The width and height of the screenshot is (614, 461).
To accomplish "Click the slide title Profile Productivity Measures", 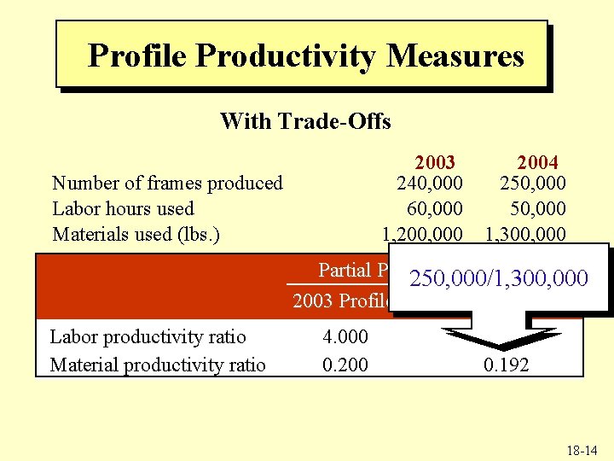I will point(305,56).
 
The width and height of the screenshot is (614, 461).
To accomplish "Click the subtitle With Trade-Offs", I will point(305,121).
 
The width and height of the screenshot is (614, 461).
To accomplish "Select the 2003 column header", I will point(435,162).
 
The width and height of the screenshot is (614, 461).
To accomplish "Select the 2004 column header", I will point(537,162).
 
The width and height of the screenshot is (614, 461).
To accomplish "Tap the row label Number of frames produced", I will point(167,183).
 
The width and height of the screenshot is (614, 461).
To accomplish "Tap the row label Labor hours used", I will point(123,208).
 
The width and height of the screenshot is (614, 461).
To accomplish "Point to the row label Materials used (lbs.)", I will point(136,234).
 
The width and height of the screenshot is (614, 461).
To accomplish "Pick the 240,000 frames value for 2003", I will point(431,183).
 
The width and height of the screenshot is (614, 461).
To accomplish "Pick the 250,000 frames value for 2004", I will point(533,183).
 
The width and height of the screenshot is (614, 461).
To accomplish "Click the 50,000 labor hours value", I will point(538,208).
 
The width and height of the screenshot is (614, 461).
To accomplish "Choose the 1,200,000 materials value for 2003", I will point(423,234).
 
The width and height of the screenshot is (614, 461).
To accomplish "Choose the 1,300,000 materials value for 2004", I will point(525,234).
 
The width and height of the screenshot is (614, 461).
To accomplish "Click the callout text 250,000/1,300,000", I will point(499,278).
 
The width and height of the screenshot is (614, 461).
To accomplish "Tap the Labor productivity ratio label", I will point(148,336).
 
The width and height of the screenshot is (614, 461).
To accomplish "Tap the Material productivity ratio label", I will point(158,365).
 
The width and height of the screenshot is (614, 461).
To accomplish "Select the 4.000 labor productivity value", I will point(345,336).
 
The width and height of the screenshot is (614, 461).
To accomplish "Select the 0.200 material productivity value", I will point(345,365).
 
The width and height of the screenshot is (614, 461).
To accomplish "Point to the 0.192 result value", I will point(506,365).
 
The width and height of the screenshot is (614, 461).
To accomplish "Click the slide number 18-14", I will point(580,449).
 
